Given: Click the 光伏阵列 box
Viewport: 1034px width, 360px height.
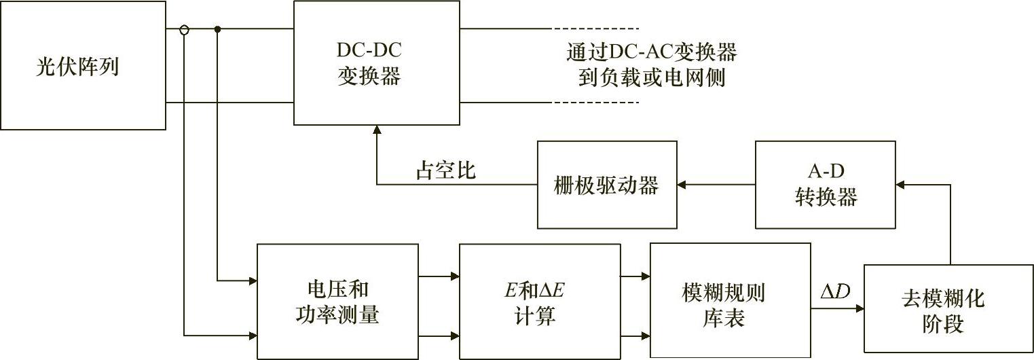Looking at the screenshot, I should pyautogui.click(x=83, y=65).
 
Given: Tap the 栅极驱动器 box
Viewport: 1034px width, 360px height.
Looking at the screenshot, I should pyautogui.click(x=607, y=185).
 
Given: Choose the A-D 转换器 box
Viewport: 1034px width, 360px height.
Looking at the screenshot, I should pyautogui.click(x=826, y=185).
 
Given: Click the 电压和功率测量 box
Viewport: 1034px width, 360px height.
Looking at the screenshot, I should pyautogui.click(x=337, y=301).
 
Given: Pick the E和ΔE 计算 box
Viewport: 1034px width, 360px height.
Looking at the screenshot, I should pyautogui.click(x=540, y=301).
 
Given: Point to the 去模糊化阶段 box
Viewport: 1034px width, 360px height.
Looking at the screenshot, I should pyautogui.click(x=942, y=309).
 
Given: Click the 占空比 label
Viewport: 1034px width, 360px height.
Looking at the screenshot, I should pyautogui.click(x=445, y=170).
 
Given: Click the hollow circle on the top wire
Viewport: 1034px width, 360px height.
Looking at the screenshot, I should pyautogui.click(x=184, y=29).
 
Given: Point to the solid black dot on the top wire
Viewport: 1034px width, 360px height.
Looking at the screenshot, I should pyautogui.click(x=217, y=29).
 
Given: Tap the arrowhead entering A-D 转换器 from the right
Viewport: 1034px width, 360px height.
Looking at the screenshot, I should pyautogui.click(x=901, y=184).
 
